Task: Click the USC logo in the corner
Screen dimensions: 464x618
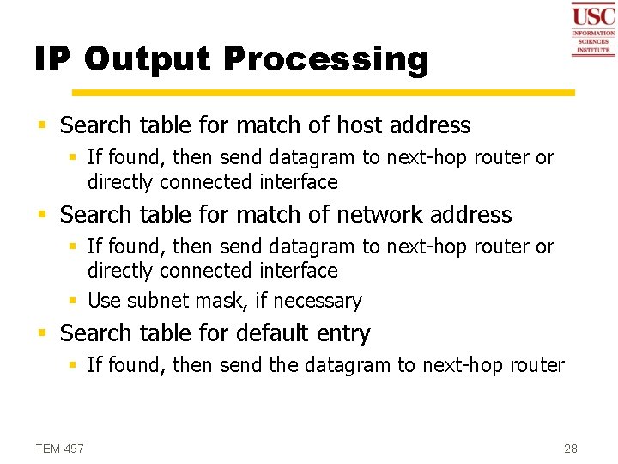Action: (593, 28)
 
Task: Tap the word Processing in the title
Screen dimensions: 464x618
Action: (325, 59)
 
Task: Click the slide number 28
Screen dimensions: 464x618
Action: (571, 449)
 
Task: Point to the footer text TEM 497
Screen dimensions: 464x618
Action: (60, 449)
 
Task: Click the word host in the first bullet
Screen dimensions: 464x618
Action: (360, 125)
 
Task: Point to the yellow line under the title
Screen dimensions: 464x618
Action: (323, 92)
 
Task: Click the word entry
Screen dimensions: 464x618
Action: (342, 333)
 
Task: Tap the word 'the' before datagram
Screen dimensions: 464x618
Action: (283, 365)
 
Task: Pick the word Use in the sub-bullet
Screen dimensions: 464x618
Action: (105, 301)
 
